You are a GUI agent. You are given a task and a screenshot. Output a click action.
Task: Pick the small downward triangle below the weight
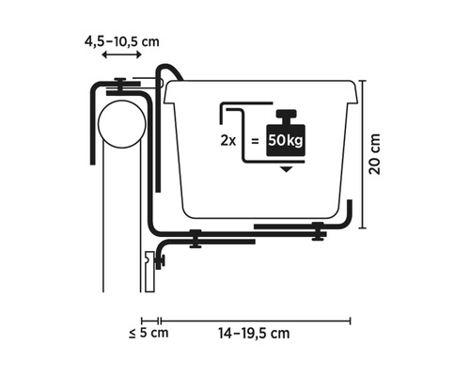(x=286, y=170)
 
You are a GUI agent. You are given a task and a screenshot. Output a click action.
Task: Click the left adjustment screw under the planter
(x=195, y=238)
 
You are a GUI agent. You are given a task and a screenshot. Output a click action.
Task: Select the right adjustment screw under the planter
(x=318, y=229)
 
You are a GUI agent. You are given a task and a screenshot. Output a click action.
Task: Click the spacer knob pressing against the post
(x=159, y=256)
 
